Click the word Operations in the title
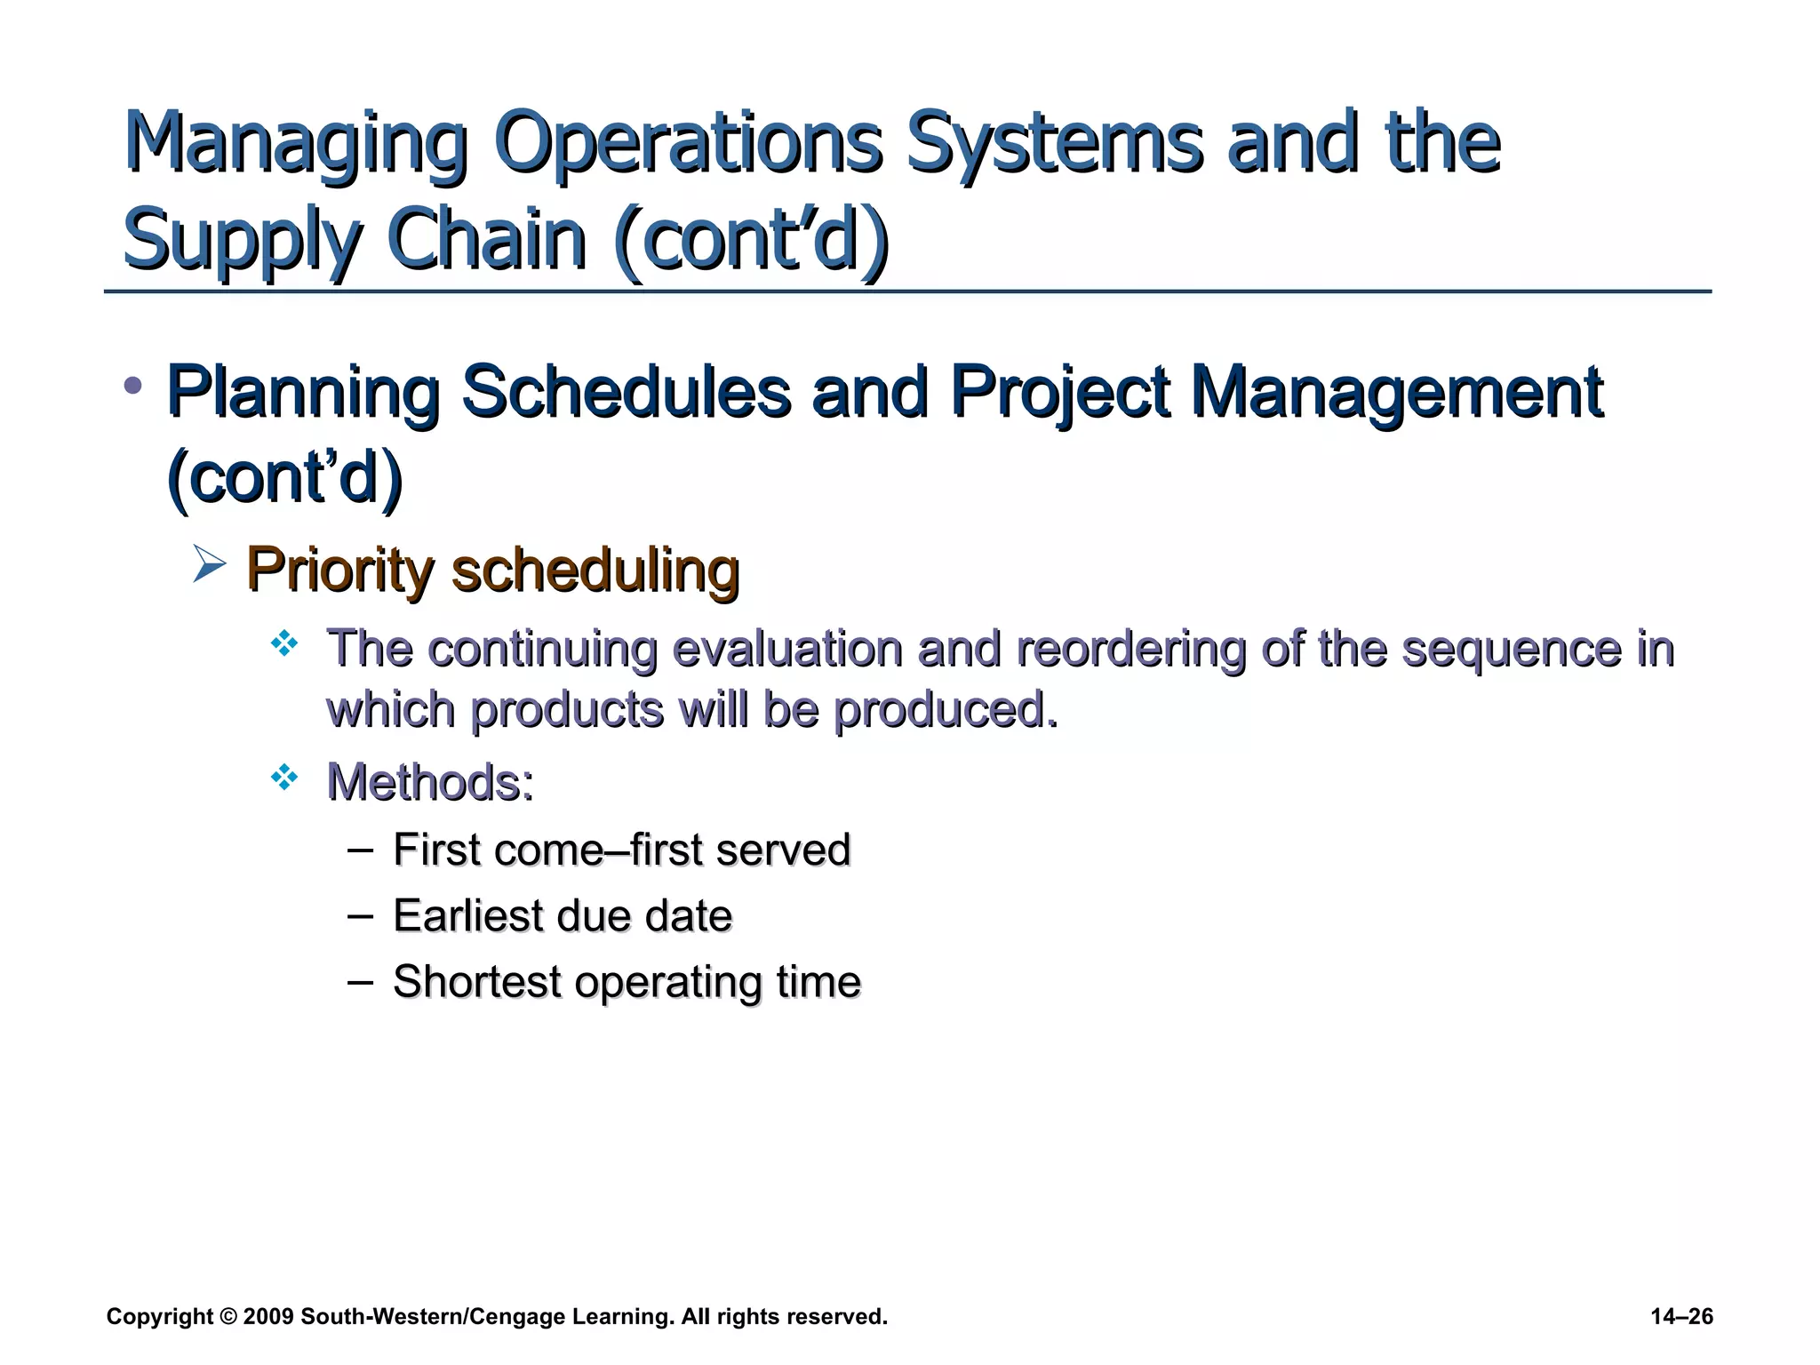[x=688, y=144]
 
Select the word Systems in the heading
[x=1053, y=144]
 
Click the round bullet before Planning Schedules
[x=133, y=386]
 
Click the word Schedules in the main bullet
[x=626, y=392]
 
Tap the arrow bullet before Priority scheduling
[x=209, y=564]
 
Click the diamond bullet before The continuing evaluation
[x=284, y=643]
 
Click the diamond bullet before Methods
[x=284, y=778]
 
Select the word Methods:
[x=430, y=783]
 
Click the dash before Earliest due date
[x=360, y=914]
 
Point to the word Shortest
[x=477, y=982]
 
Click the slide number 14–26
[x=1681, y=1317]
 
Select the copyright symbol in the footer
[x=228, y=1317]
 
